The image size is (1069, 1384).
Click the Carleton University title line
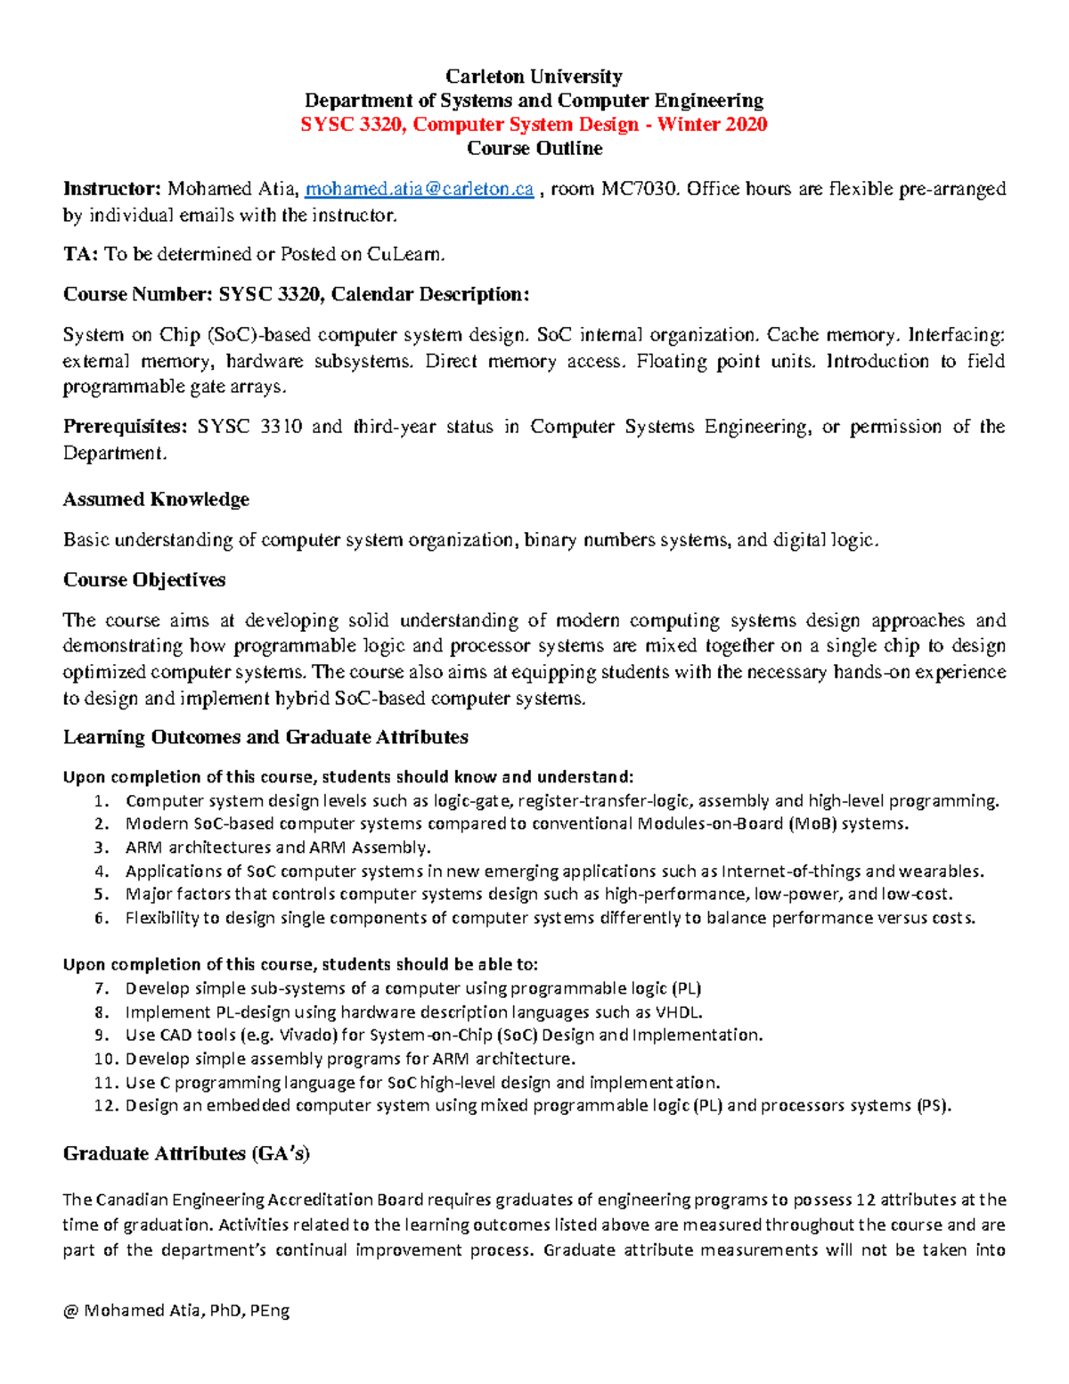point(534,77)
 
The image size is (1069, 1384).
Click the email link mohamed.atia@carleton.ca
point(419,189)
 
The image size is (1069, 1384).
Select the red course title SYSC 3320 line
point(534,125)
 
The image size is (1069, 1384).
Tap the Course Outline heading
point(534,149)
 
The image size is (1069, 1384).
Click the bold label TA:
point(80,255)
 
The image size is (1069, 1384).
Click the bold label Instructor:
point(111,189)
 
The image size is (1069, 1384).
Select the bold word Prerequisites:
point(125,427)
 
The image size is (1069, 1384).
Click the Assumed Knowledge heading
point(156,500)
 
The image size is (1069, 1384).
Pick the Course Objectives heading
point(144,580)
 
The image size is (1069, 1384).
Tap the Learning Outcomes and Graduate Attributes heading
point(265,738)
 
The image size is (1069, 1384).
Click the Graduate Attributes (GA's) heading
point(186,1154)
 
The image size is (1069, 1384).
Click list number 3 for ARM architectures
point(102,848)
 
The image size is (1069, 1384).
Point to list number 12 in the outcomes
point(105,1107)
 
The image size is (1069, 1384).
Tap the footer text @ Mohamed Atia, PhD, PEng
point(176,1311)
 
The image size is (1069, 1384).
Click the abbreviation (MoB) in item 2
point(812,824)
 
